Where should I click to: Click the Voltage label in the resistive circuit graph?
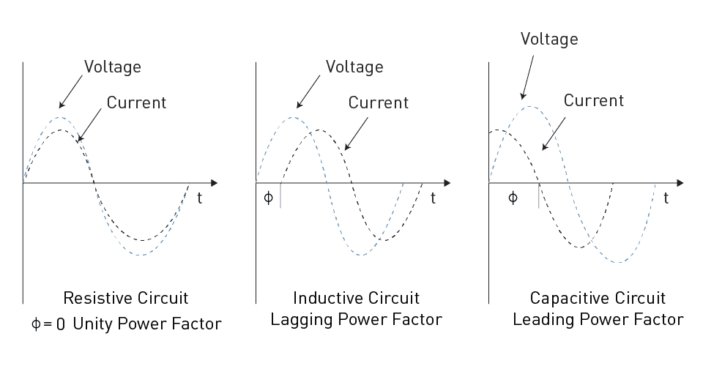point(112,67)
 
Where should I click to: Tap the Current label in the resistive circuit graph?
point(136,102)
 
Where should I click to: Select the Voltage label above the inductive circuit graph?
point(354,67)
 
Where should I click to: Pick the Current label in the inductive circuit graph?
point(378,102)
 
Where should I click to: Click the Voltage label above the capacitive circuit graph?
point(549,39)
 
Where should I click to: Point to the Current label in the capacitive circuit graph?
point(594,100)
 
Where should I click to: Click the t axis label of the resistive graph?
point(200,198)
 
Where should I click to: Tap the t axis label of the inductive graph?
point(433,198)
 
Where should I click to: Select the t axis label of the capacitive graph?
point(666,198)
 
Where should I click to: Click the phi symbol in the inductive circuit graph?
point(267,198)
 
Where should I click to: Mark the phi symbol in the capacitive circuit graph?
point(513,198)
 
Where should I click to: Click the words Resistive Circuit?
point(126,298)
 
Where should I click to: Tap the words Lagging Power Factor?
point(356,320)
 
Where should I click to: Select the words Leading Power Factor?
point(598,320)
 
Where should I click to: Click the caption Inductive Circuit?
point(356,298)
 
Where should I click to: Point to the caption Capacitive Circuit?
point(598,298)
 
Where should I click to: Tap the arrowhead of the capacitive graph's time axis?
point(680,182)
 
